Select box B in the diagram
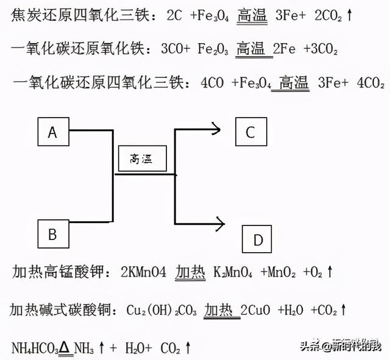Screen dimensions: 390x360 [x=52, y=234]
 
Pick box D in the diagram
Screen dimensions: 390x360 [x=258, y=241]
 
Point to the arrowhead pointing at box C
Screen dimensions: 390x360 [x=216, y=127]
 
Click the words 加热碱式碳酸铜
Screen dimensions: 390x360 [x=54, y=310]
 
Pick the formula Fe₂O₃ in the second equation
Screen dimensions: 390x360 [x=212, y=48]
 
